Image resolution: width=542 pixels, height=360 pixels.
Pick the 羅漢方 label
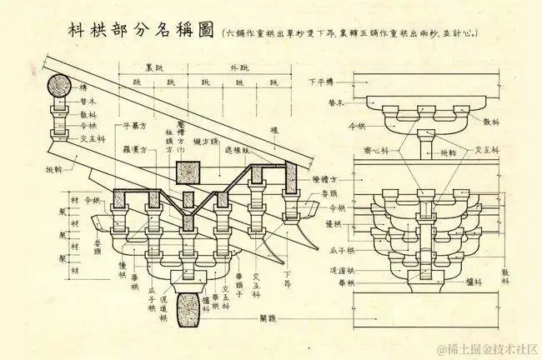tap(136, 151)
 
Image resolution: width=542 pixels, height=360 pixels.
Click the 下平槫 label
tap(320, 82)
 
